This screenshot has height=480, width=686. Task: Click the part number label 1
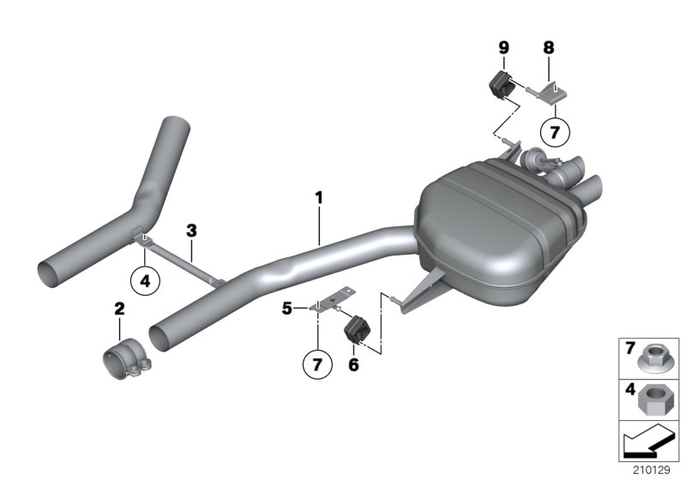318,198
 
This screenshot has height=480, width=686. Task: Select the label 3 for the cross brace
191,230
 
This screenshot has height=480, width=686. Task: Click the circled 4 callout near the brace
145,280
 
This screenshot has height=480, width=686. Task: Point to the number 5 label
289,305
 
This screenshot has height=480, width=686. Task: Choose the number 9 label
502,48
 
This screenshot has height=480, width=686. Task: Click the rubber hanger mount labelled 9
500,84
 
